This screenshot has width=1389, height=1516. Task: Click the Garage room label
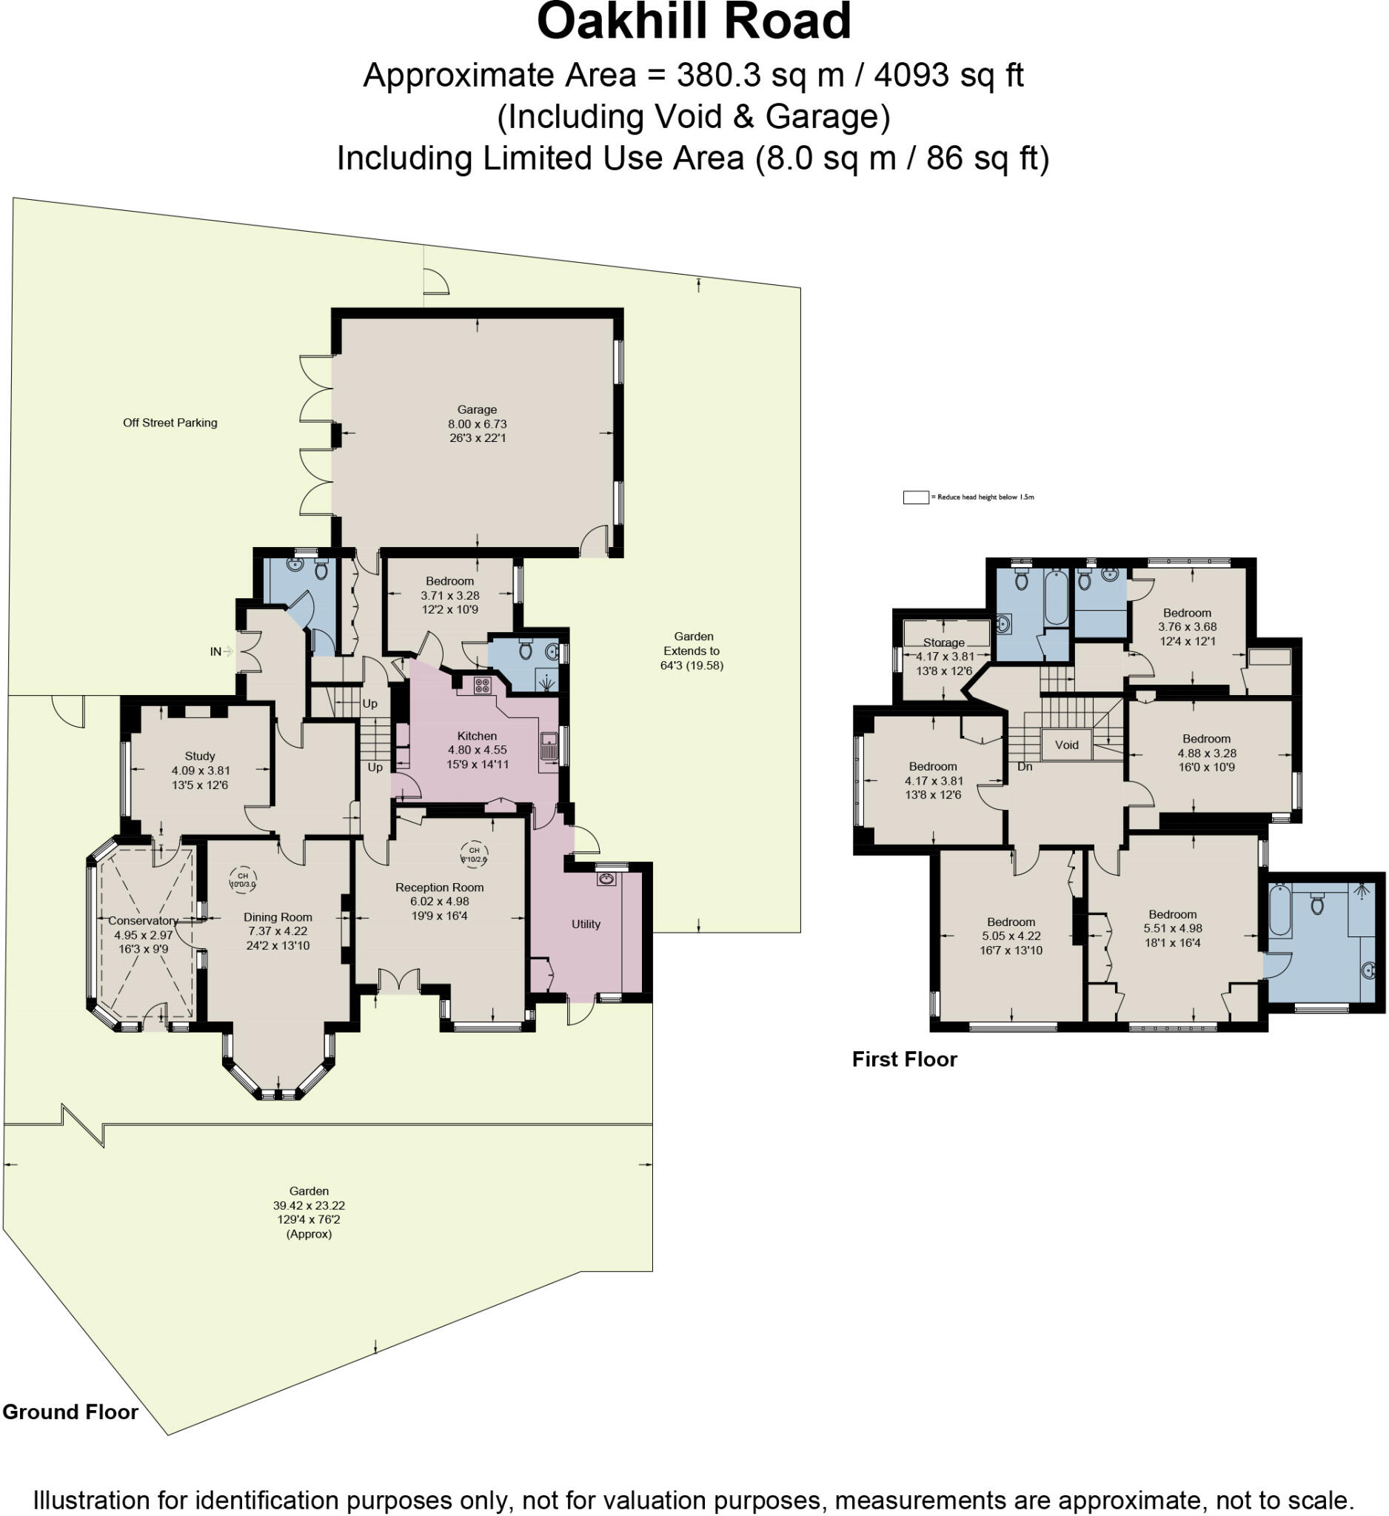pyautogui.click(x=477, y=410)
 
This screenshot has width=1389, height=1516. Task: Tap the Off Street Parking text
pyautogui.click(x=170, y=423)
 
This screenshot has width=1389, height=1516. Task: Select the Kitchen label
pyautogui.click(x=477, y=737)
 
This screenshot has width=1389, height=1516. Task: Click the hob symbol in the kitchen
pyautogui.click(x=482, y=685)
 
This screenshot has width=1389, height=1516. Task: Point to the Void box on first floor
pyautogui.click(x=1066, y=745)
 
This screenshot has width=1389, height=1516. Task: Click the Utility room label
pyautogui.click(x=586, y=925)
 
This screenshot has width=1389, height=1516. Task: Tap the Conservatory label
pyautogui.click(x=143, y=920)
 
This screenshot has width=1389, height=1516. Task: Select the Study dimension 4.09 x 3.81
pyautogui.click(x=200, y=771)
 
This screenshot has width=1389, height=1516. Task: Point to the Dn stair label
pyautogui.click(x=1024, y=766)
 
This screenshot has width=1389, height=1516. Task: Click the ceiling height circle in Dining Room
pyautogui.click(x=243, y=880)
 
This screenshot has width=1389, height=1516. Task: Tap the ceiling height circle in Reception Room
pyautogui.click(x=474, y=853)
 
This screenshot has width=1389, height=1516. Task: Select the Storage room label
pyautogui.click(x=944, y=643)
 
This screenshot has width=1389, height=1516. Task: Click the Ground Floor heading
pyautogui.click(x=70, y=1412)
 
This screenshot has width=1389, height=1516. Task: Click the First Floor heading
pyautogui.click(x=904, y=1059)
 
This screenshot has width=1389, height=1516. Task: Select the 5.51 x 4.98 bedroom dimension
pyautogui.click(x=1172, y=928)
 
